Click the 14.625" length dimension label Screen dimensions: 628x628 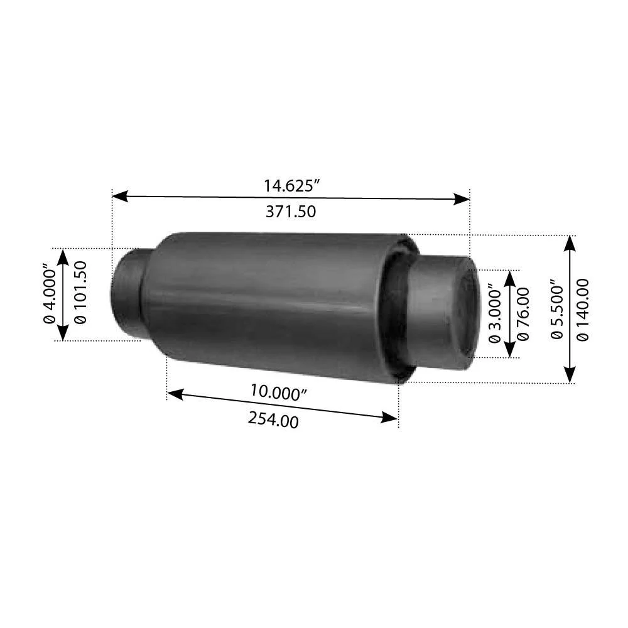[x=291, y=186]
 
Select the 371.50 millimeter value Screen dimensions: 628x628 [x=291, y=212]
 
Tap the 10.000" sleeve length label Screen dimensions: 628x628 [x=278, y=392]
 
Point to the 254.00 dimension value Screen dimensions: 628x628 [x=273, y=420]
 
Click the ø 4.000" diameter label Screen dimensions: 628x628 [x=50, y=293]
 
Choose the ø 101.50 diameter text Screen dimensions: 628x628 [x=80, y=293]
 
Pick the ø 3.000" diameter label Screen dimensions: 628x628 [x=495, y=313]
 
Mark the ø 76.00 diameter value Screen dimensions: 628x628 [x=522, y=314]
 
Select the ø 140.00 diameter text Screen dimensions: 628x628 [x=583, y=310]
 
